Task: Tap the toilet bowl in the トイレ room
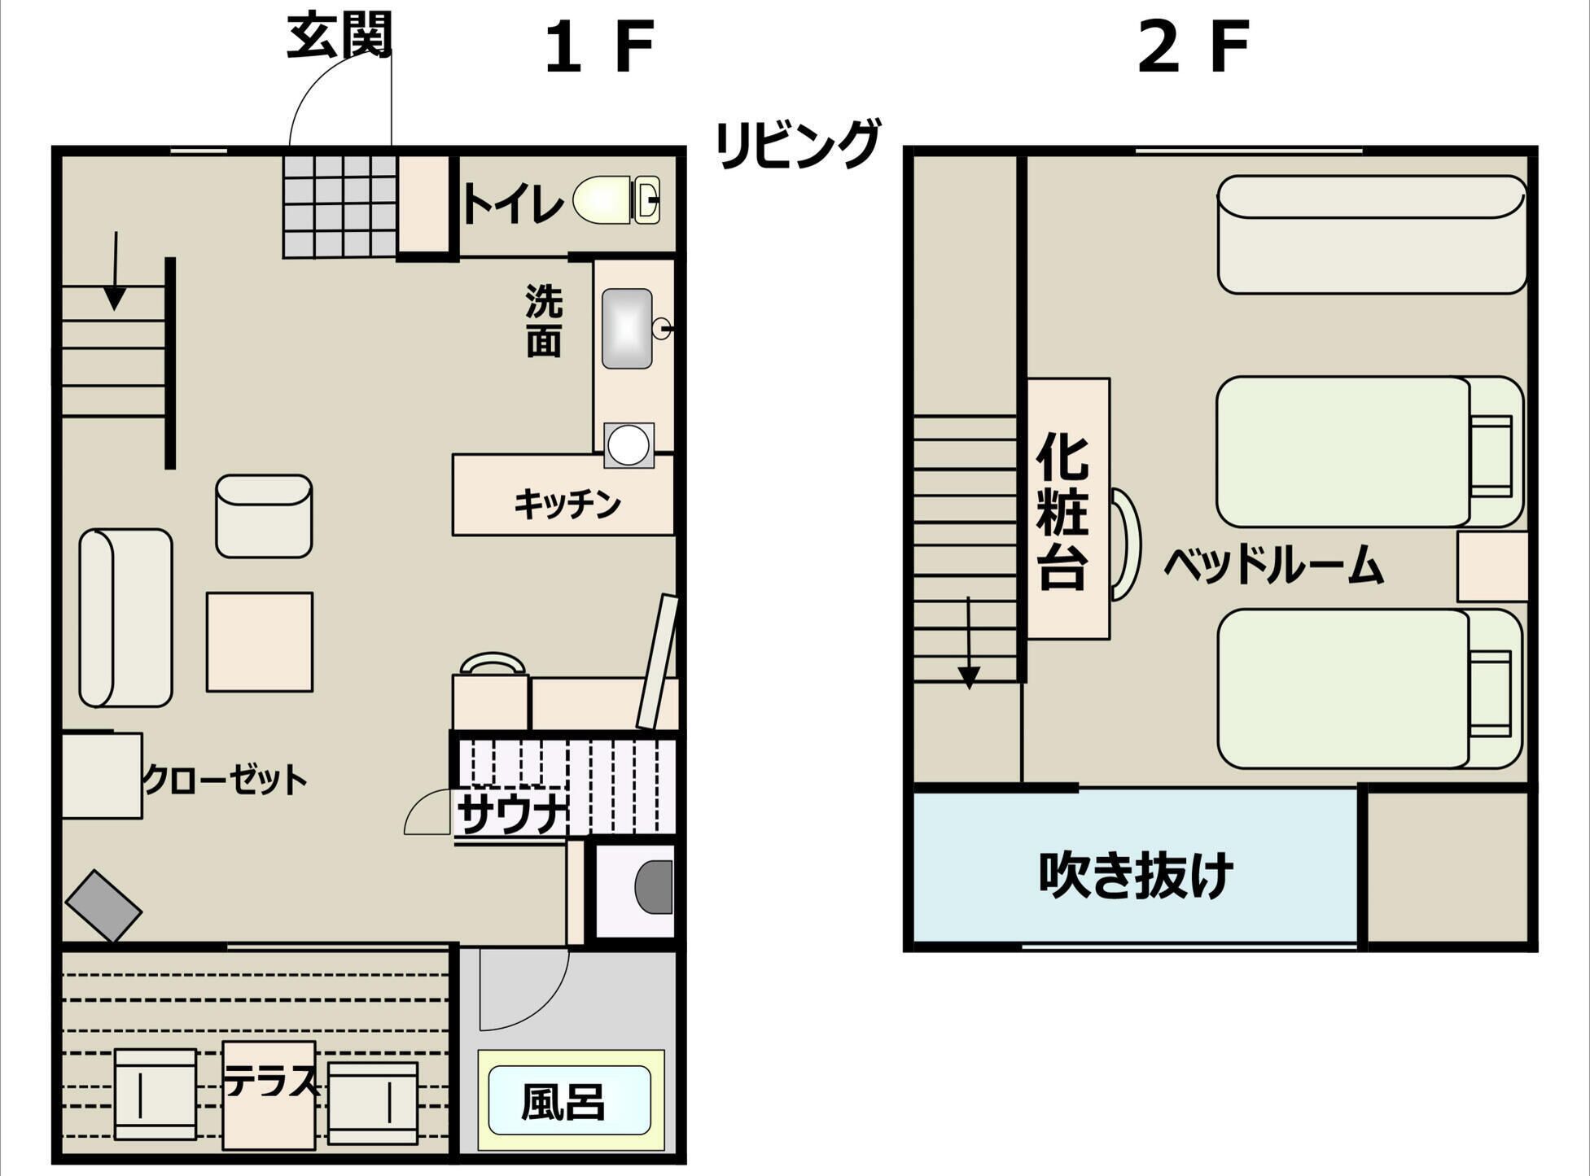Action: pyautogui.click(x=615, y=199)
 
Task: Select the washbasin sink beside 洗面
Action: pyautogui.click(x=627, y=329)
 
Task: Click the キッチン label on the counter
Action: pyautogui.click(x=567, y=505)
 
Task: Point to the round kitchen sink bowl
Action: pyautogui.click(x=629, y=446)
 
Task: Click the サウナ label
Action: pyautogui.click(x=511, y=814)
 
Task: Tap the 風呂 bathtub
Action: pyautogui.click(x=570, y=1100)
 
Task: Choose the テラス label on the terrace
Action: pyautogui.click(x=270, y=1082)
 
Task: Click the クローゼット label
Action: pyautogui.click(x=225, y=780)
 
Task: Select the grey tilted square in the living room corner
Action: pyautogui.click(x=103, y=906)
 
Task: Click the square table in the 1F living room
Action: pyautogui.click(x=260, y=642)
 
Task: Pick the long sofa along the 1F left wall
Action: pyautogui.click(x=125, y=618)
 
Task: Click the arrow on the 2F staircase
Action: pyautogui.click(x=969, y=643)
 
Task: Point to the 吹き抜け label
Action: pyautogui.click(x=1136, y=875)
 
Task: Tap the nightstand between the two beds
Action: pyautogui.click(x=1491, y=566)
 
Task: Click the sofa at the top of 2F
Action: pyautogui.click(x=1372, y=234)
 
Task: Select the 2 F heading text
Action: pyautogui.click(x=1193, y=47)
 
